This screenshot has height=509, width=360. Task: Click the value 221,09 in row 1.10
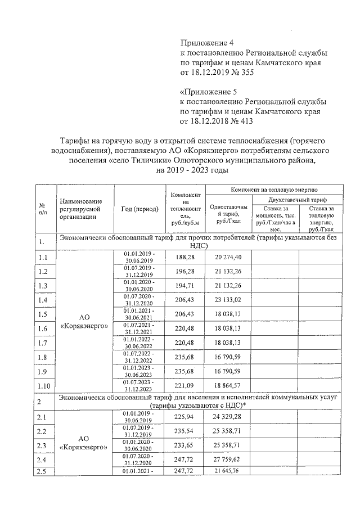[x=184, y=388]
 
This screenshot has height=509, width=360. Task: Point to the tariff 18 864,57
[x=228, y=388]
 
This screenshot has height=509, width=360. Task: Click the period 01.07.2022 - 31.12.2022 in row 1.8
[x=139, y=358]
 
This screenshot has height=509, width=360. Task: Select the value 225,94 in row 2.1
[x=184, y=417]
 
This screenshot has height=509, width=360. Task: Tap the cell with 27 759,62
[x=228, y=460]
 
